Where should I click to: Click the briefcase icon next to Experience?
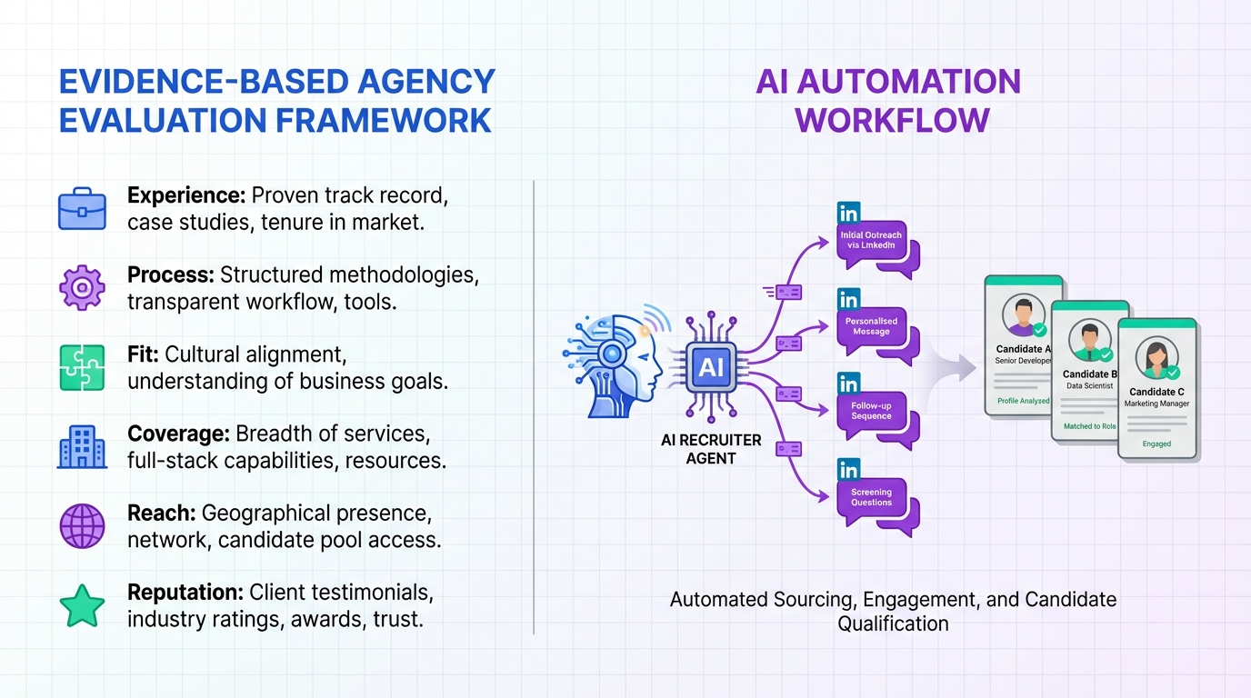pos(82,209)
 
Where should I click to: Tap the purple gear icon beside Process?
pos(82,288)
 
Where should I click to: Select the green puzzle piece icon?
pos(82,367)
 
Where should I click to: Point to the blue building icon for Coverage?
pos(82,446)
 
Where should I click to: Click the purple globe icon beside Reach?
pos(82,525)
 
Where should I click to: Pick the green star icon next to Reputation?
pos(82,605)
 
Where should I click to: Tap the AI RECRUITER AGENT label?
pos(710,449)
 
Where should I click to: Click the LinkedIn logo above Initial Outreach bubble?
pos(848,214)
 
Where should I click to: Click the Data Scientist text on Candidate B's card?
pos(1090,385)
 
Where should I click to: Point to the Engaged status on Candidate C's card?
pos(1156,444)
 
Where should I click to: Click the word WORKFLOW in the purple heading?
pos(892,120)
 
